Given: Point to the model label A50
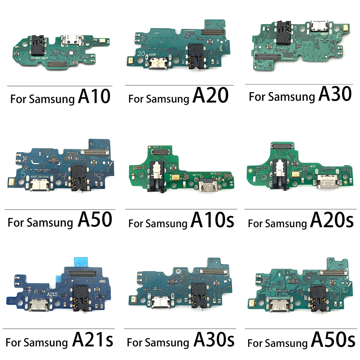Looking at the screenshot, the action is [94, 220].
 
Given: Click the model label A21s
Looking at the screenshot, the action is [93, 339].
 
